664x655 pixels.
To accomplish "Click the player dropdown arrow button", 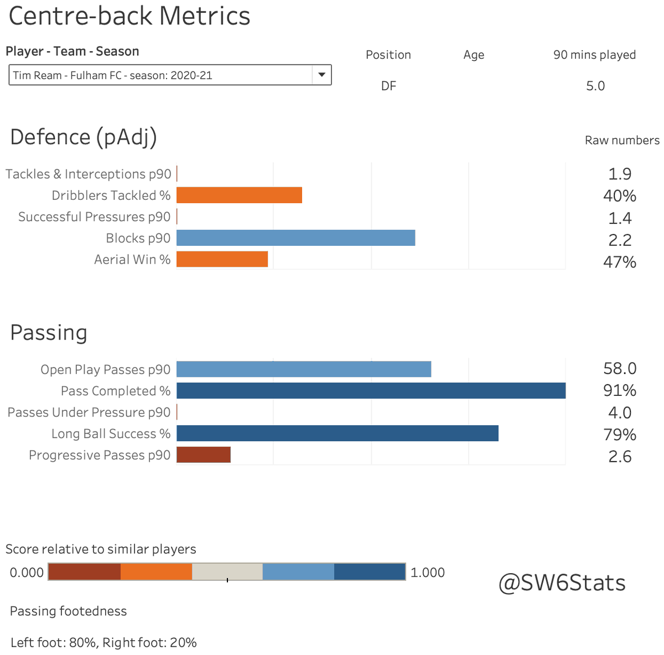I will pyautogui.click(x=321, y=75).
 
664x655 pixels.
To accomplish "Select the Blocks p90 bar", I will pyautogui.click(x=295, y=238).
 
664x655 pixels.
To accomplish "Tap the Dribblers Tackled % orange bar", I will pyautogui.click(x=239, y=195).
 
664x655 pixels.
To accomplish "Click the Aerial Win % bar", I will pyautogui.click(x=222, y=259).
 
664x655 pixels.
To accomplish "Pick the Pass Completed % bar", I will pyautogui.click(x=371, y=391).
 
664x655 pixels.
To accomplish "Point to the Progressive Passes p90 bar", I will pyautogui.click(x=203, y=455).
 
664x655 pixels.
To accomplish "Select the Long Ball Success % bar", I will pyautogui.click(x=337, y=434).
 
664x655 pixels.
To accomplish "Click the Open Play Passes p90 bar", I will pyautogui.click(x=303, y=369).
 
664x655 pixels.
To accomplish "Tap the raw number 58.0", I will pyautogui.click(x=620, y=369).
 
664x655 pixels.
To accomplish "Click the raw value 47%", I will pyautogui.click(x=620, y=262).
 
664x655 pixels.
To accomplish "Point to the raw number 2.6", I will pyautogui.click(x=620, y=457).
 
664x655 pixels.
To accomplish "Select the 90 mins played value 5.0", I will pyautogui.click(x=595, y=86).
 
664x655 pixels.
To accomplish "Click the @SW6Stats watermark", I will pyautogui.click(x=562, y=583).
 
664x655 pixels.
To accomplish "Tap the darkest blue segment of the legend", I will pyautogui.click(x=370, y=572).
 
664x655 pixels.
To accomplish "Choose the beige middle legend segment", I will pyautogui.click(x=227, y=572).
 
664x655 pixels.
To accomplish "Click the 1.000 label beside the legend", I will pyautogui.click(x=427, y=573).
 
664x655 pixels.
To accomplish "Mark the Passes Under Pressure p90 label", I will pyautogui.click(x=89, y=412).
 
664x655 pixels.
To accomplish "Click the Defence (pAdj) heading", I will pyautogui.click(x=84, y=137).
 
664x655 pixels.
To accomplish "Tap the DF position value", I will pyautogui.click(x=388, y=86).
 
